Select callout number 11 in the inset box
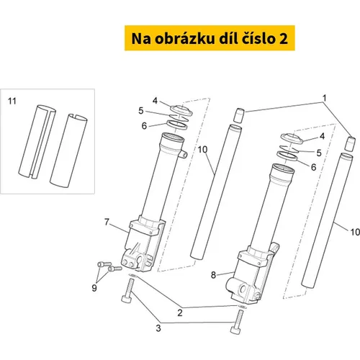point(12,101)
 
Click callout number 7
point(107,222)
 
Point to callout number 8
point(213,275)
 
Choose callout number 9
point(94,287)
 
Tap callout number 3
point(158,328)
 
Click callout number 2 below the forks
point(180,312)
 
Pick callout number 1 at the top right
point(325,98)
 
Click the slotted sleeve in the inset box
point(37,142)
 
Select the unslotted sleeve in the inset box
point(68,150)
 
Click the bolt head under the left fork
point(126,300)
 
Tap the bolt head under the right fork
point(235,330)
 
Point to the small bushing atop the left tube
point(239,116)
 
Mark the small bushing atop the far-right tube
point(350,144)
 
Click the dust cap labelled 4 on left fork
point(181,110)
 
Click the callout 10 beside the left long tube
point(202,150)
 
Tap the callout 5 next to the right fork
point(319,153)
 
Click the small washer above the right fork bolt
point(242,307)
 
